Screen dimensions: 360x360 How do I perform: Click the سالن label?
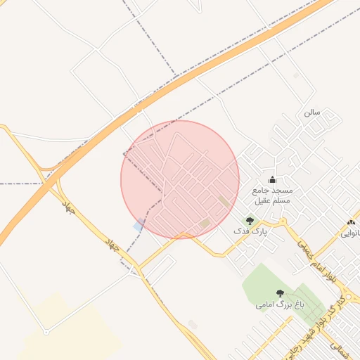coord(312,112)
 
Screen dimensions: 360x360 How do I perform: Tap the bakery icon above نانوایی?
coord(350,223)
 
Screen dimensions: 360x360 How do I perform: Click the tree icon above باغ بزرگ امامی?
coord(280,292)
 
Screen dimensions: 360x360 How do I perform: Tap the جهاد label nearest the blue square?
coord(112,245)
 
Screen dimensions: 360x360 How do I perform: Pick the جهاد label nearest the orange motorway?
coord(67,207)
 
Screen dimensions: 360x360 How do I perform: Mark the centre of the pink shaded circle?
coord(180,179)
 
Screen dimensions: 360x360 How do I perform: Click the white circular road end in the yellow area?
coord(46,331)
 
